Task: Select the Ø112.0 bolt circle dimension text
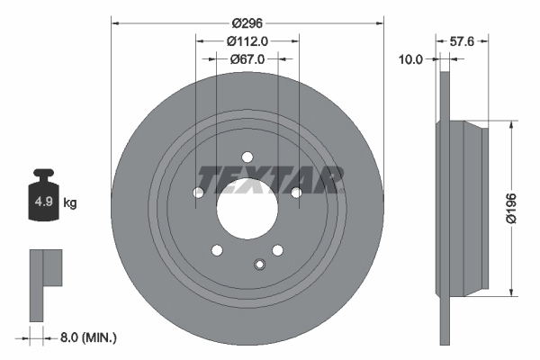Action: coord(247,41)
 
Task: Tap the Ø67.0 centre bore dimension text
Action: coord(247,59)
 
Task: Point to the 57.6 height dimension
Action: coord(461,41)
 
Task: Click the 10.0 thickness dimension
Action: coord(410,59)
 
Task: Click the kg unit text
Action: coord(70,203)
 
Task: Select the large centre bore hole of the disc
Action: coord(247,209)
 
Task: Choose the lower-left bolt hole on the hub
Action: coord(216,250)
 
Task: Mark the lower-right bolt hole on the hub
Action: coord(278,250)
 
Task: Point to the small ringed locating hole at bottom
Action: coord(259,264)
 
